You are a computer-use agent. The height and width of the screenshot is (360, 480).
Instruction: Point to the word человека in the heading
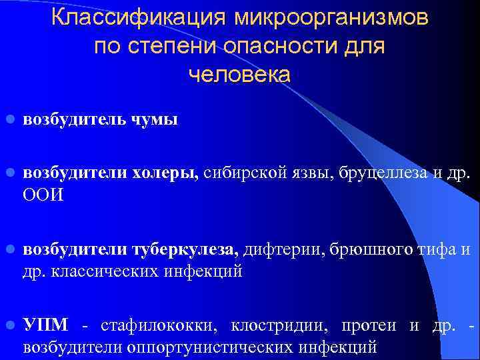click(x=240, y=75)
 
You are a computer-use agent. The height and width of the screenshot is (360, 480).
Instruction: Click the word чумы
click(x=156, y=121)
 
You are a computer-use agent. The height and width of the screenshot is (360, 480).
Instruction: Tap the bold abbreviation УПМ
click(x=45, y=327)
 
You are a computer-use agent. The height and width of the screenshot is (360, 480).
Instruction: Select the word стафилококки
click(x=160, y=327)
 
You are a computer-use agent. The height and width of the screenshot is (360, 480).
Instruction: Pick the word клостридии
click(x=279, y=327)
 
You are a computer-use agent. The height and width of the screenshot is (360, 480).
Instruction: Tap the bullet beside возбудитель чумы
click(x=10, y=121)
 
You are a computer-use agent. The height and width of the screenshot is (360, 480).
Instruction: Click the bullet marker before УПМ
click(x=10, y=327)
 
